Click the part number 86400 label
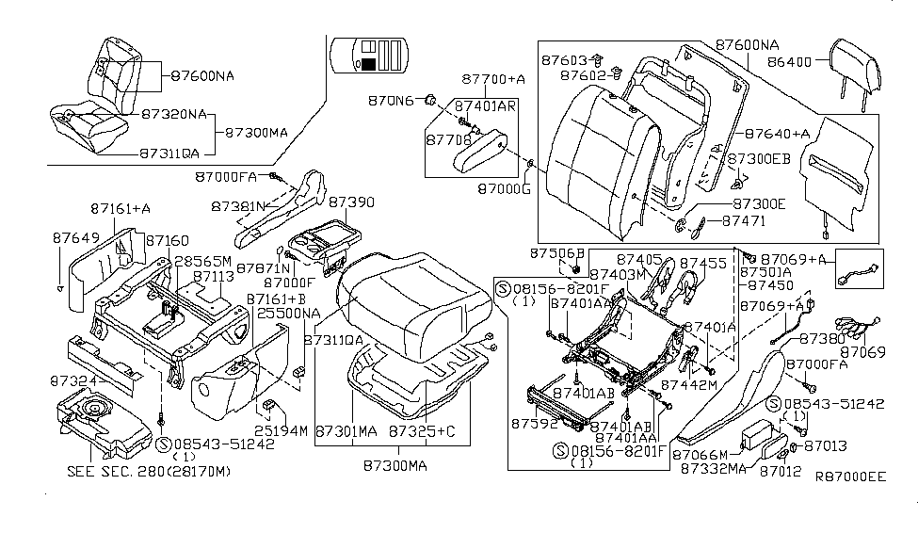pyautogui.click(x=789, y=61)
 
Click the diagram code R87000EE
pyautogui.click(x=850, y=476)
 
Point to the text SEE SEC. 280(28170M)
pyautogui.click(x=149, y=471)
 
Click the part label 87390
pyautogui.click(x=351, y=202)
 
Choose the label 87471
pyautogui.click(x=744, y=220)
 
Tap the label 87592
pyautogui.click(x=534, y=423)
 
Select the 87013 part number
pyautogui.click(x=826, y=446)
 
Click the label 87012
pyautogui.click(x=780, y=471)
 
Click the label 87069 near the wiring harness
pyautogui.click(x=863, y=352)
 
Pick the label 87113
pyautogui.click(x=214, y=277)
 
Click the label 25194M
pyautogui.click(x=281, y=431)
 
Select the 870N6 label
pyautogui.click(x=391, y=101)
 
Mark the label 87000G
pyautogui.click(x=504, y=188)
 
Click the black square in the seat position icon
pyautogui.click(x=368, y=64)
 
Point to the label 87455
pyautogui.click(x=702, y=264)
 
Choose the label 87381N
pyautogui.click(x=237, y=206)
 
